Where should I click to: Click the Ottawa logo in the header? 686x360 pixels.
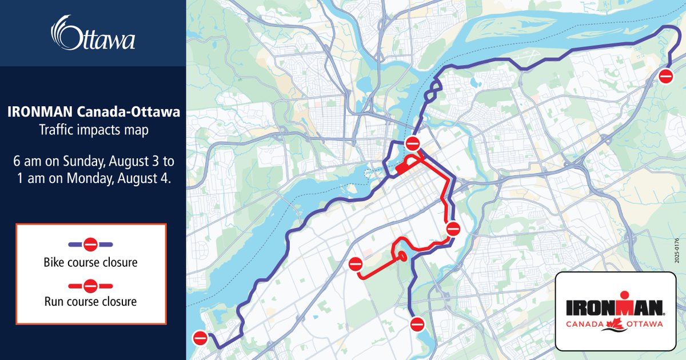93,34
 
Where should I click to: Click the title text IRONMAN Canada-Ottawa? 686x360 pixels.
93,112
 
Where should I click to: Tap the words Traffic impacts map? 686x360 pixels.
93,130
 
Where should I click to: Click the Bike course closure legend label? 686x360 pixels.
90,263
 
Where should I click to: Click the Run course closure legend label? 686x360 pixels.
90,301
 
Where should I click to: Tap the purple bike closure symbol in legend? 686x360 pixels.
90,245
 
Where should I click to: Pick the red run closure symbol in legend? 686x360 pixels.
90,284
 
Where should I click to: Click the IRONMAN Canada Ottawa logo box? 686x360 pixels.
615,311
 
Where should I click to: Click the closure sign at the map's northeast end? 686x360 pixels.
666,76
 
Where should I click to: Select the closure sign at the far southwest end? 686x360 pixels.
200,338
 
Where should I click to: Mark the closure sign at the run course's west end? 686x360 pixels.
356,264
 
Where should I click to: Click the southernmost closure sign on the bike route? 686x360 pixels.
417,324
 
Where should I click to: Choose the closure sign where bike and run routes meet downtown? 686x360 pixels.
412,143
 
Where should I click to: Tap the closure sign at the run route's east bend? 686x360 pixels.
453,229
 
